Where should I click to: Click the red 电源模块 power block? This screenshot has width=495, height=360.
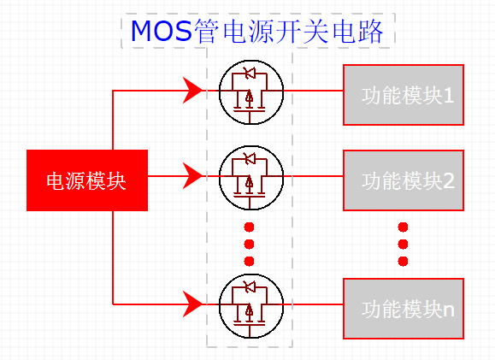(x=87, y=180)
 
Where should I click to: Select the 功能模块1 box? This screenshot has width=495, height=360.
(x=403, y=95)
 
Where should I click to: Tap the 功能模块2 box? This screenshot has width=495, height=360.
(x=403, y=180)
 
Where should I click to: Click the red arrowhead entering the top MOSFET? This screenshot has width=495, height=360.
(x=193, y=88)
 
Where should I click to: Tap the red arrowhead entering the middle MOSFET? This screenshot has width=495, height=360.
(x=193, y=176)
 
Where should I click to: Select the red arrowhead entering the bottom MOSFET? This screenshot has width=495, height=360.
(x=193, y=303)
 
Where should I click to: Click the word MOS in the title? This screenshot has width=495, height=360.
(x=161, y=32)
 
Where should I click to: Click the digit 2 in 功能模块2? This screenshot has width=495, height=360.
(x=450, y=180)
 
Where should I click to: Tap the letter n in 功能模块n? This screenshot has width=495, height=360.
(x=450, y=309)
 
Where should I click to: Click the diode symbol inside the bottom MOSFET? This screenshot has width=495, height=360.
(x=250, y=287)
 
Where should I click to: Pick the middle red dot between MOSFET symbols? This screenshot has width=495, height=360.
(x=250, y=245)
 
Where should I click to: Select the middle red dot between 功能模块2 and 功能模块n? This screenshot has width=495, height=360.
(x=404, y=245)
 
